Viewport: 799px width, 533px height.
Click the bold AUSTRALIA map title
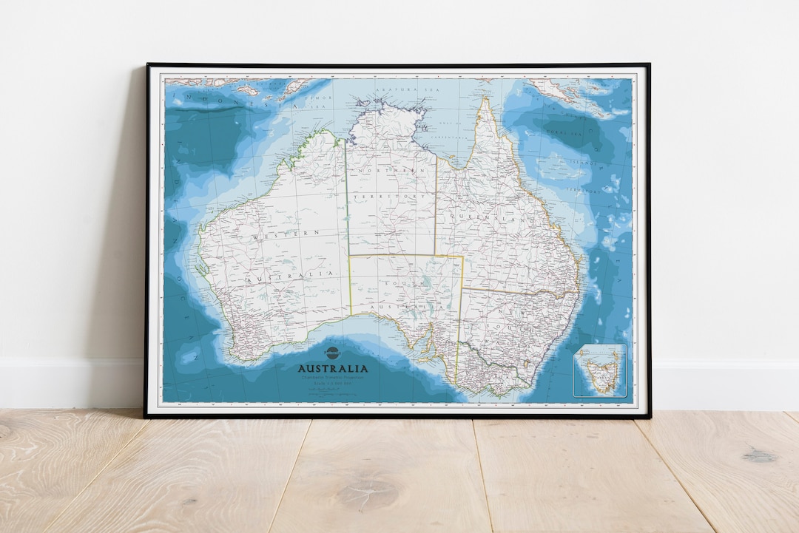point(332,368)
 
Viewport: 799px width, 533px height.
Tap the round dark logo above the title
point(331,353)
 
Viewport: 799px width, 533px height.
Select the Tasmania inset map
point(599,370)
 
